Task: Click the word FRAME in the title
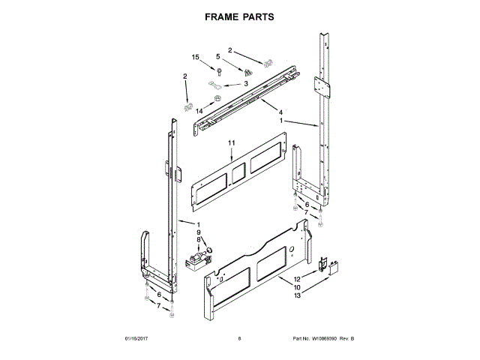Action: (220, 15)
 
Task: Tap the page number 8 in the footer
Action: (239, 339)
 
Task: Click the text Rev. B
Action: (346, 339)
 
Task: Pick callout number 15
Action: (196, 57)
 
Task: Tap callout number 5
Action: (219, 56)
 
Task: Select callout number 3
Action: (245, 85)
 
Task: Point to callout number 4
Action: (260, 112)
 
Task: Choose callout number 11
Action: (232, 142)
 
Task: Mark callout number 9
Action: (199, 232)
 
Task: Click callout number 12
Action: (297, 279)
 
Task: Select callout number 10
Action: (297, 287)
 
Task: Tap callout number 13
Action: (297, 295)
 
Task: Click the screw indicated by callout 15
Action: (220, 72)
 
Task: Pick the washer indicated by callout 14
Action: (217, 97)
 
